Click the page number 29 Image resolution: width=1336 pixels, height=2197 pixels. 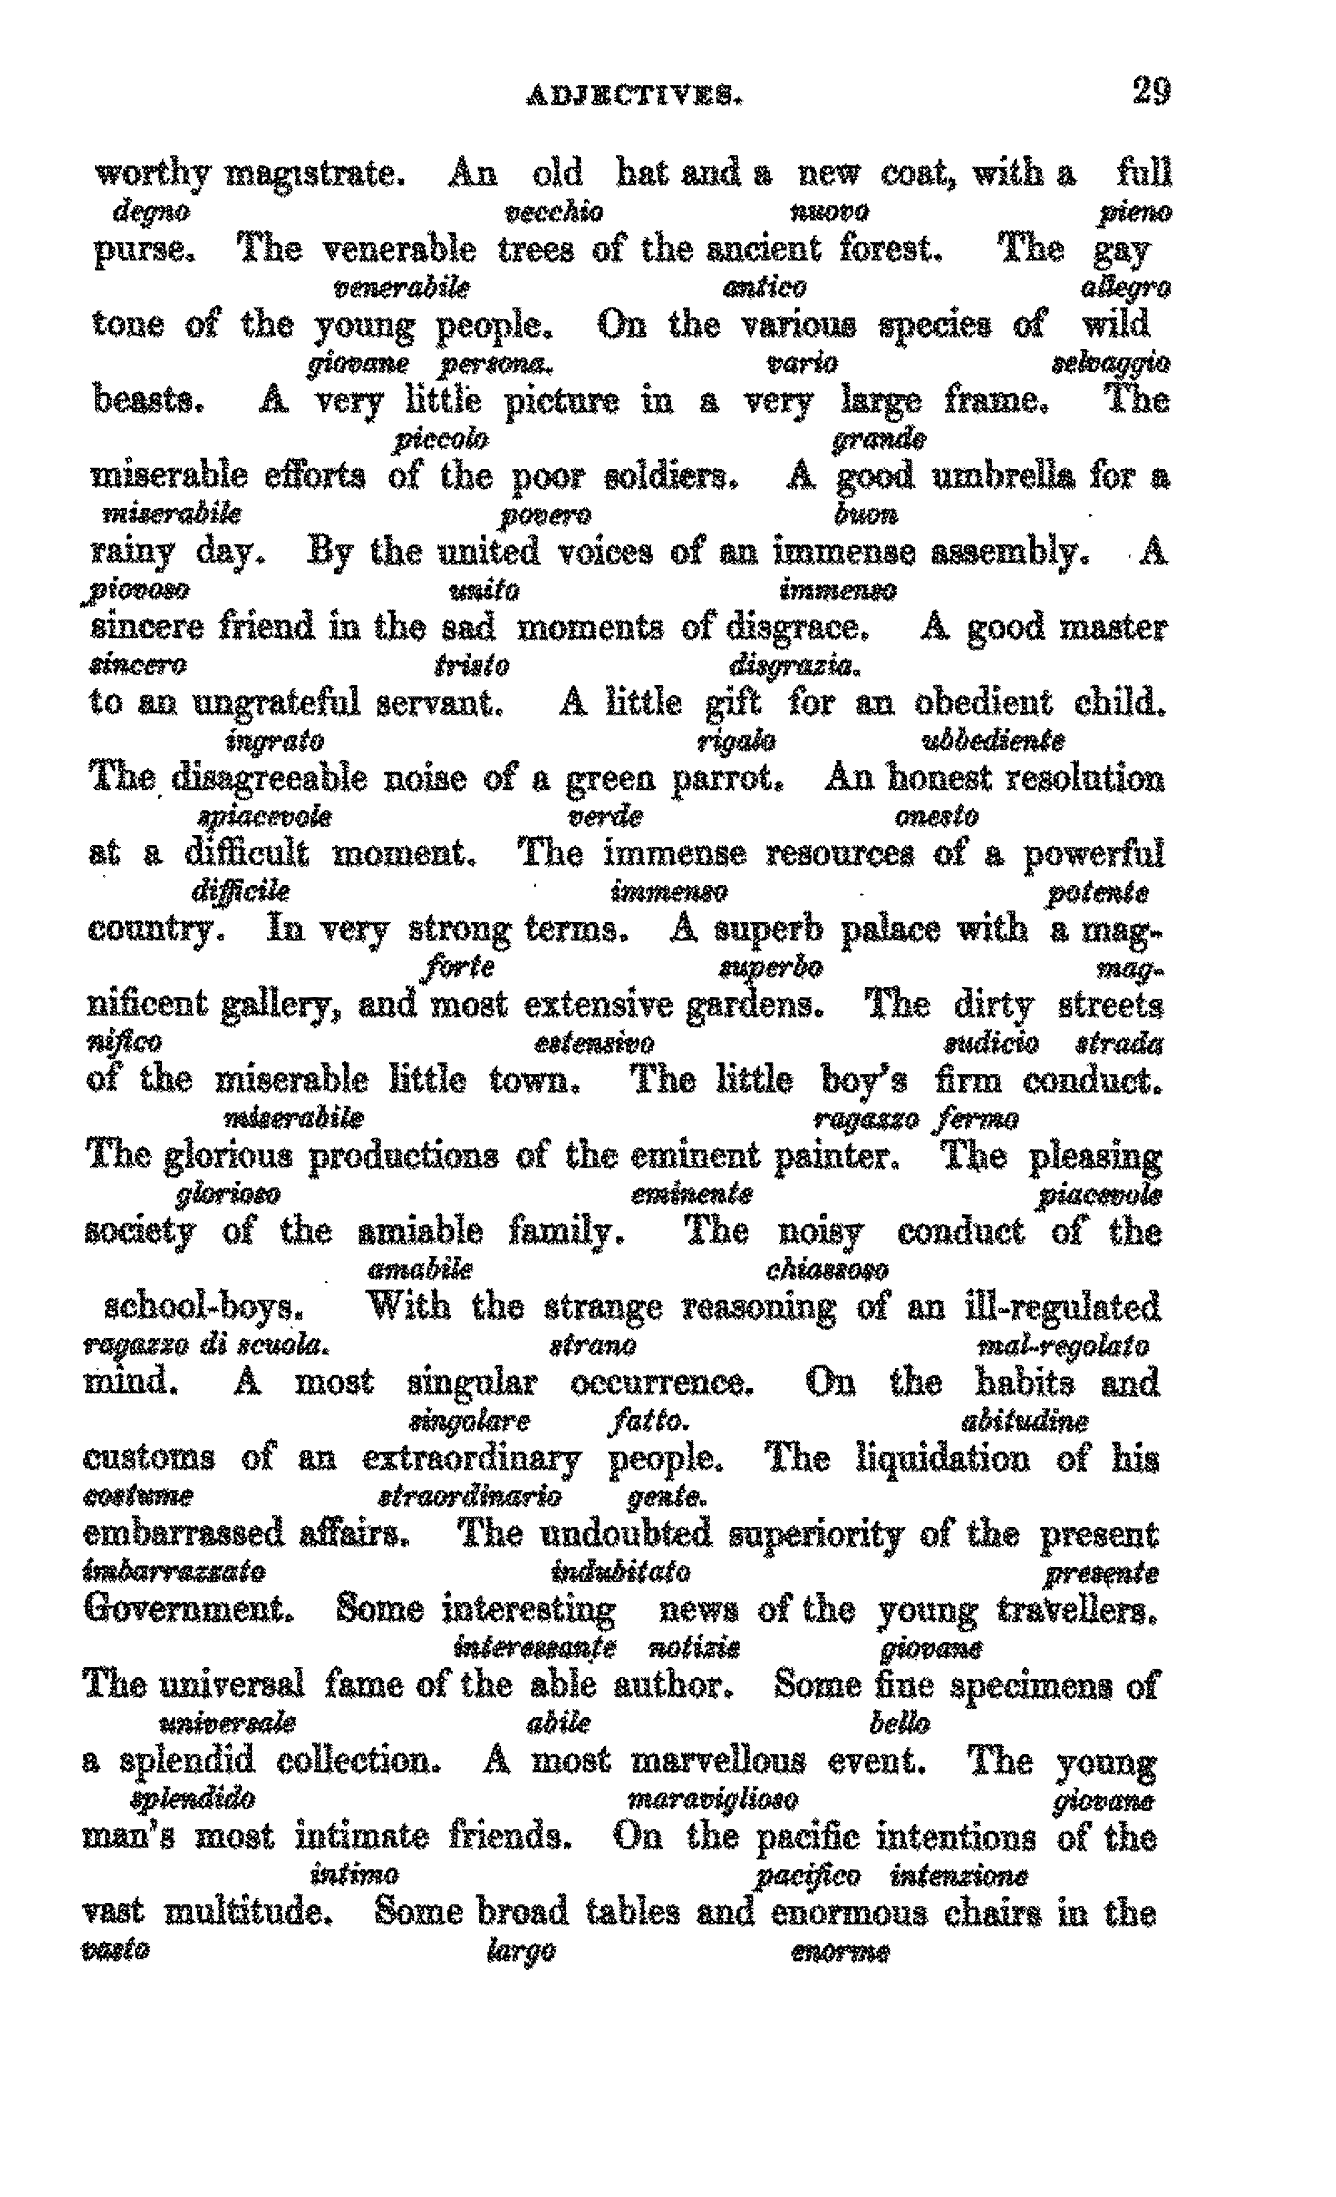click(1150, 92)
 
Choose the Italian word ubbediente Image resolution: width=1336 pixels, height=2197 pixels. click(992, 741)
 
